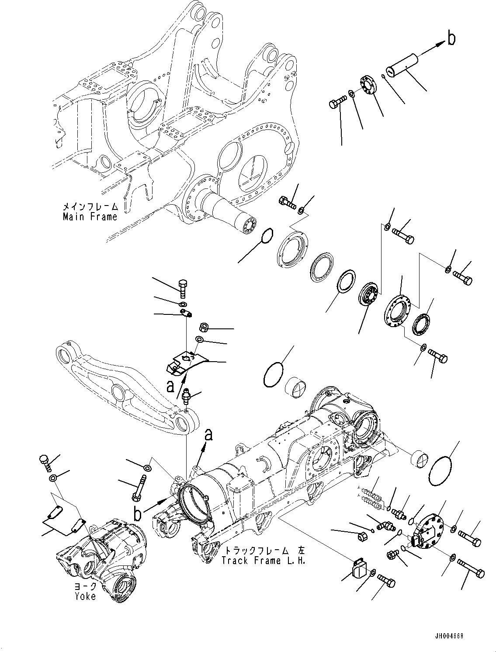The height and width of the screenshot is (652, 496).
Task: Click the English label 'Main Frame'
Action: tap(90, 216)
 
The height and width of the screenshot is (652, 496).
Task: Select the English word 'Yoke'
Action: tap(85, 596)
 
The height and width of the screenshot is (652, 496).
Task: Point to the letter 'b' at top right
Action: tap(451, 38)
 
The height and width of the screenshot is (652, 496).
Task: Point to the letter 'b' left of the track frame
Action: tap(138, 513)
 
